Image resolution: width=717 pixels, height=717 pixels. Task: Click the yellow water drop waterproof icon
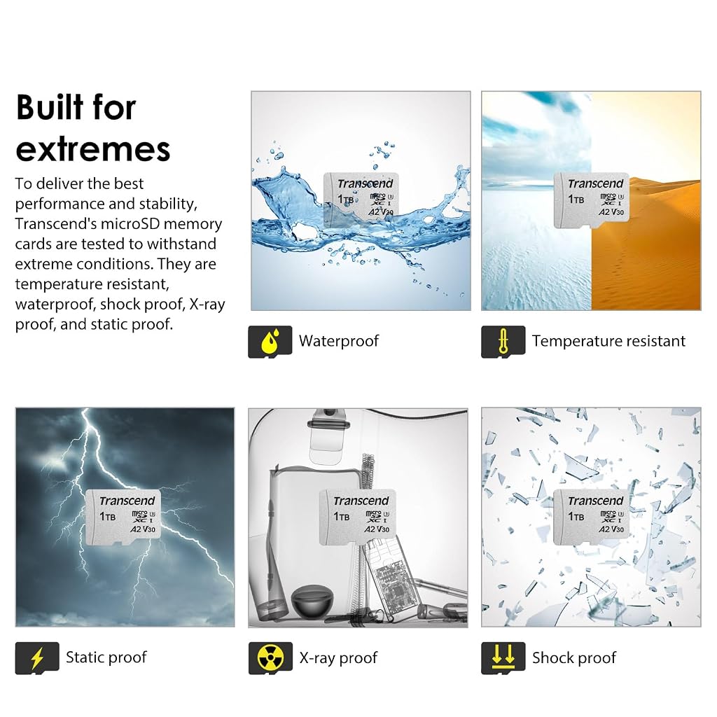coord(270,342)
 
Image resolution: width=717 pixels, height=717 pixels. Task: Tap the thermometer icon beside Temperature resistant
coord(503,342)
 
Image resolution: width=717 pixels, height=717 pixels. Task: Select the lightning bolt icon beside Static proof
coord(37,658)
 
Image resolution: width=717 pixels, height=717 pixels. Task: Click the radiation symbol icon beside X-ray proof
coord(270,658)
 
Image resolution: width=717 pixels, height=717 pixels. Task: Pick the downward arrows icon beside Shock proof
coord(503,658)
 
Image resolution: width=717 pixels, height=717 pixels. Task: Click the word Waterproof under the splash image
coord(339,341)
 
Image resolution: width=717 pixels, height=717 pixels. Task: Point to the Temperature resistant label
coord(608,341)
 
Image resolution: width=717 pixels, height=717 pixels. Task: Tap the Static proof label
coord(106,657)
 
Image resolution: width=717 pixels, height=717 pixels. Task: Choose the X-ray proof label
coord(338,658)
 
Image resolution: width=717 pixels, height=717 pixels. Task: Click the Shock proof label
coord(574,658)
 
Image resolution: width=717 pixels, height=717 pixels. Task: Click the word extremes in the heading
coord(93,150)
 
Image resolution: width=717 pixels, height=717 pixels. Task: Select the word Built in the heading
coord(50,107)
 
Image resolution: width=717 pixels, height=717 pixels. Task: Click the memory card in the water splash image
coord(361,200)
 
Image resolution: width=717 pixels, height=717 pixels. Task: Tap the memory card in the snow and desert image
coord(591,200)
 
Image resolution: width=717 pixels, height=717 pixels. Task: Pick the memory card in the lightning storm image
coord(123,517)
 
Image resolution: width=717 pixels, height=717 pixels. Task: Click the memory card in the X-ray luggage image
coord(357,517)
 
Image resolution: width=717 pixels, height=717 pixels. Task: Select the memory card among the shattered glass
coord(591,517)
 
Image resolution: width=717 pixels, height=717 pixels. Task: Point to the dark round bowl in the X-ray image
coord(309,600)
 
